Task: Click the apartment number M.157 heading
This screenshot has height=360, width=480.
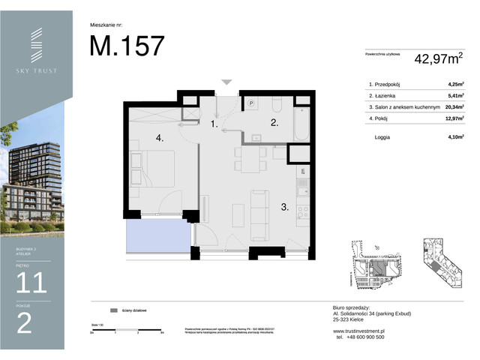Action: [x=127, y=46]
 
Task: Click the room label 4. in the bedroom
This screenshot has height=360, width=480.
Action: [x=159, y=138]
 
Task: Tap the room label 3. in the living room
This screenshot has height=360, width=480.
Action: [x=285, y=208]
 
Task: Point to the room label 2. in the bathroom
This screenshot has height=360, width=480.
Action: [x=274, y=122]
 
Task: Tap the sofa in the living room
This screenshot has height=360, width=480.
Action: [x=259, y=206]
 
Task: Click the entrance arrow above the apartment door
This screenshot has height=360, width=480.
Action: [x=226, y=82]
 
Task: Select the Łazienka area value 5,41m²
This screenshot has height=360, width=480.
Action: [x=454, y=96]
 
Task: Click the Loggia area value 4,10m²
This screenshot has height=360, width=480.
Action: [x=454, y=138]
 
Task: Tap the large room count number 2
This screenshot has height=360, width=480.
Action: [x=24, y=323]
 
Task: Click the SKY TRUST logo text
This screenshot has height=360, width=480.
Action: [x=37, y=71]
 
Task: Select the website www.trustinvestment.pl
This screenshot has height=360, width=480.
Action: [x=358, y=331]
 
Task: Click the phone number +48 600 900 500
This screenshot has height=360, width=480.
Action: [x=360, y=337]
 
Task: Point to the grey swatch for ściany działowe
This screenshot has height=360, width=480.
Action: [x=114, y=310]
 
